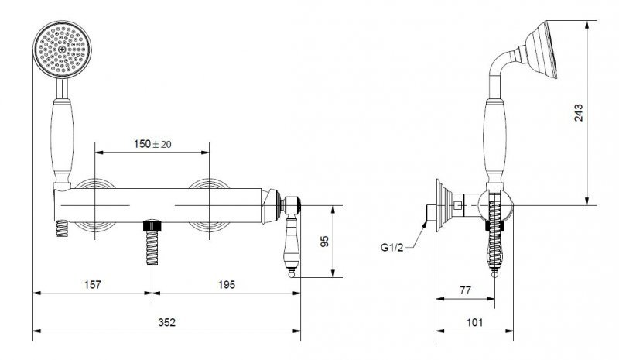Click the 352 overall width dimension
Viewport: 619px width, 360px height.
166,323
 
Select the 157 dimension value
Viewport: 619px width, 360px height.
93,285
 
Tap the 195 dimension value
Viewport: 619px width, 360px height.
227,285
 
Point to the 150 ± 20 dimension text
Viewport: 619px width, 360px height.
152,144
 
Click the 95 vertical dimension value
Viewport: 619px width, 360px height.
324,242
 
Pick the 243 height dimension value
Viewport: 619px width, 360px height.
578,112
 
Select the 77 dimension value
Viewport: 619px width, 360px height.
466,290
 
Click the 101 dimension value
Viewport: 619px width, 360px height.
474,323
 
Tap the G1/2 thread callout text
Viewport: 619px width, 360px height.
392,248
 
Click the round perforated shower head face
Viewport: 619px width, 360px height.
63,50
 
